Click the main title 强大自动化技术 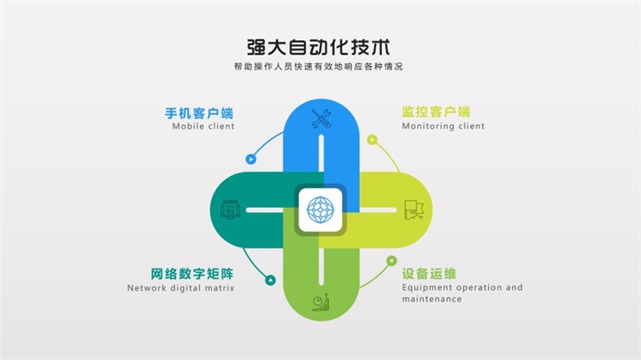tap(319, 47)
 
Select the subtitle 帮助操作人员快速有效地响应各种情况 tap(319, 67)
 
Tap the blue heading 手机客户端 tap(199, 113)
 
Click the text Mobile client tap(203, 126)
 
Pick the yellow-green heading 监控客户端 tap(436, 112)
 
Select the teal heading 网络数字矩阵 tap(192, 274)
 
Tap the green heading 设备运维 tap(429, 274)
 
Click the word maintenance tap(432, 299)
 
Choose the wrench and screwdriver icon tap(320, 119)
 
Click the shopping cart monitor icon tap(230, 210)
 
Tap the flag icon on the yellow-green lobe tap(414, 210)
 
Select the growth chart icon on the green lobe tap(320, 302)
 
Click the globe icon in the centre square tap(320, 210)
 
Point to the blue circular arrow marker tap(251, 159)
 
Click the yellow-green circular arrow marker tap(372, 140)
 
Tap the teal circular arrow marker tap(270, 280)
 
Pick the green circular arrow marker tap(391, 261)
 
